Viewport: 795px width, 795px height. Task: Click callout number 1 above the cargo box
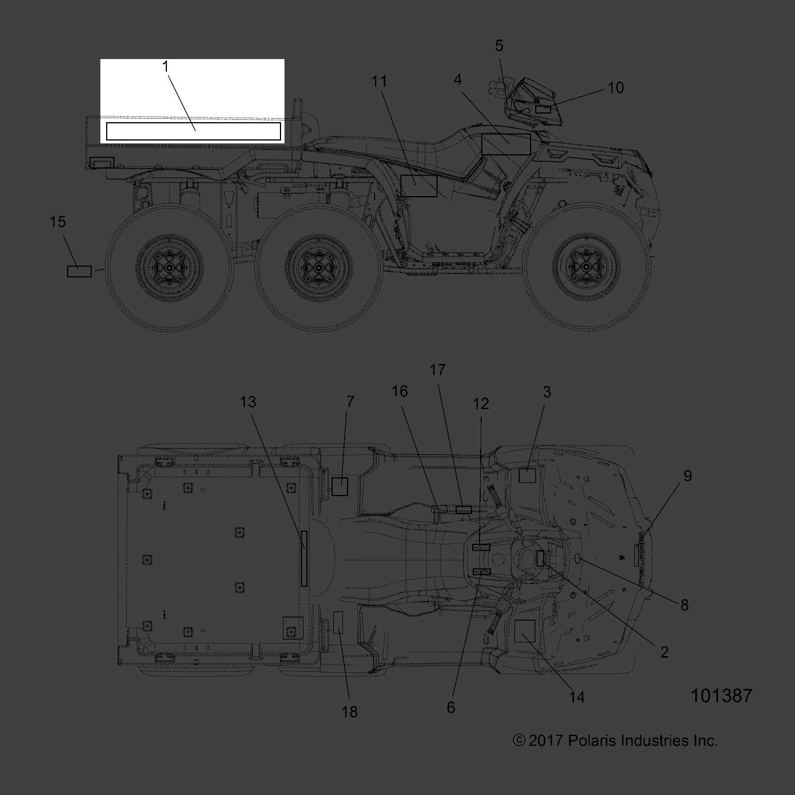[166, 67]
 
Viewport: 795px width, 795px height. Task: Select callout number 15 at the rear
[58, 221]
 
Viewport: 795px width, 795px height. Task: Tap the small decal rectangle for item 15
[79, 271]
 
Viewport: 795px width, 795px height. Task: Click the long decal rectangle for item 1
[193, 131]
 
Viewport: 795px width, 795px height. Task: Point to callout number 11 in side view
[379, 81]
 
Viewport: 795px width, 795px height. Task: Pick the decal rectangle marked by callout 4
[505, 144]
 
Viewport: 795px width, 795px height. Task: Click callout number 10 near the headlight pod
[615, 88]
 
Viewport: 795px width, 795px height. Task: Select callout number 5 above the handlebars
[499, 45]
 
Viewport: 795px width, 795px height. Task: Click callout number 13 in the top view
[248, 402]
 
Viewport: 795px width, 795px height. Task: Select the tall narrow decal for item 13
[304, 558]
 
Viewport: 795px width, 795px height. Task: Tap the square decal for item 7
[340, 486]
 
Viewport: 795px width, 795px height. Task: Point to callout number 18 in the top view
[349, 712]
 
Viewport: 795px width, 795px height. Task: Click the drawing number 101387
[721, 696]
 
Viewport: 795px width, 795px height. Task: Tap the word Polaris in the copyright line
[594, 741]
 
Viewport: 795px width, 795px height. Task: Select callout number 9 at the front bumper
[688, 476]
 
